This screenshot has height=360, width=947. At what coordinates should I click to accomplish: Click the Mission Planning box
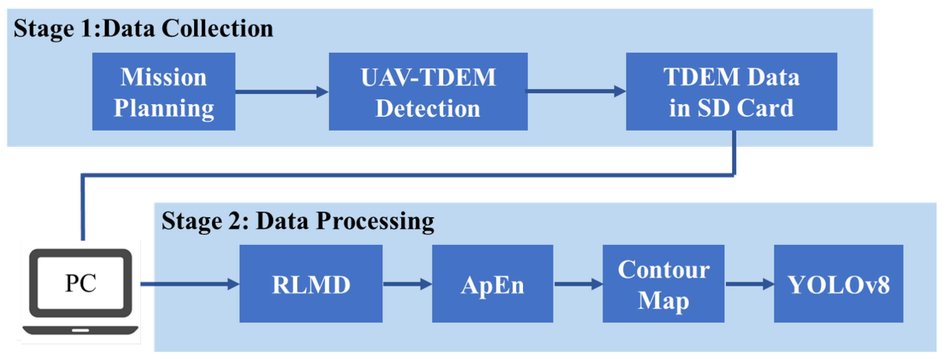164,92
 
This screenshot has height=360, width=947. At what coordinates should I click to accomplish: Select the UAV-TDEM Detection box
428,92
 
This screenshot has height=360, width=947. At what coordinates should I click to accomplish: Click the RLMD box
311,284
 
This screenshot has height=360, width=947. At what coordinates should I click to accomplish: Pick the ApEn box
492,284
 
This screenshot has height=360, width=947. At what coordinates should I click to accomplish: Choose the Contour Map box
663,284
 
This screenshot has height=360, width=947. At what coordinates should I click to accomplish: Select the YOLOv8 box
838,284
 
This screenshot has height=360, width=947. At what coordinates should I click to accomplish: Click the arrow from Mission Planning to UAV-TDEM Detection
281,92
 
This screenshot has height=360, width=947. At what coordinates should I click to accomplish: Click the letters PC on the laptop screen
81,283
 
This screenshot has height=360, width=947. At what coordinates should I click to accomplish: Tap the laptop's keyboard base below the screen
81,330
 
